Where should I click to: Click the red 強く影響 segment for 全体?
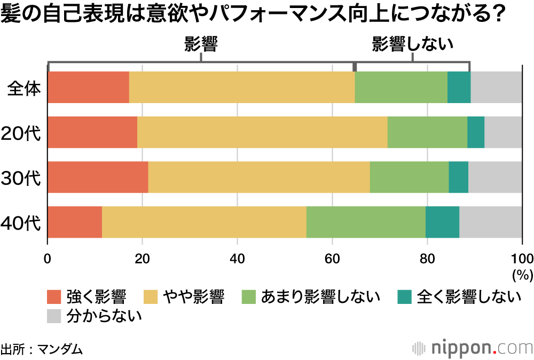pyautogui.click(x=89, y=87)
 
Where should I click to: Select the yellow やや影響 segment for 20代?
pyautogui.click(x=262, y=132)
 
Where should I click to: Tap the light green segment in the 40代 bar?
pyautogui.click(x=366, y=222)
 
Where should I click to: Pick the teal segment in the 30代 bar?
pyautogui.click(x=458, y=177)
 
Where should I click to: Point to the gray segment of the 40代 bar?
pyautogui.click(x=490, y=222)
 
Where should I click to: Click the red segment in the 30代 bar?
pyautogui.click(x=98, y=177)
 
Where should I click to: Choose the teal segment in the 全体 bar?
pyautogui.click(x=459, y=87)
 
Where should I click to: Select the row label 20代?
pyautogui.click(x=21, y=133)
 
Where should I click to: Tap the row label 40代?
pyautogui.click(x=21, y=223)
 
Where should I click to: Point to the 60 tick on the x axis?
pyautogui.click(x=332, y=259)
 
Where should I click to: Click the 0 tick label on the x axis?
pyautogui.click(x=48, y=259)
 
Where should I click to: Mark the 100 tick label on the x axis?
pyautogui.click(x=522, y=259)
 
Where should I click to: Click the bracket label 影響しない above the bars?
pyautogui.click(x=412, y=44)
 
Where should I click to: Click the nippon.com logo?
pyautogui.click(x=473, y=348)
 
